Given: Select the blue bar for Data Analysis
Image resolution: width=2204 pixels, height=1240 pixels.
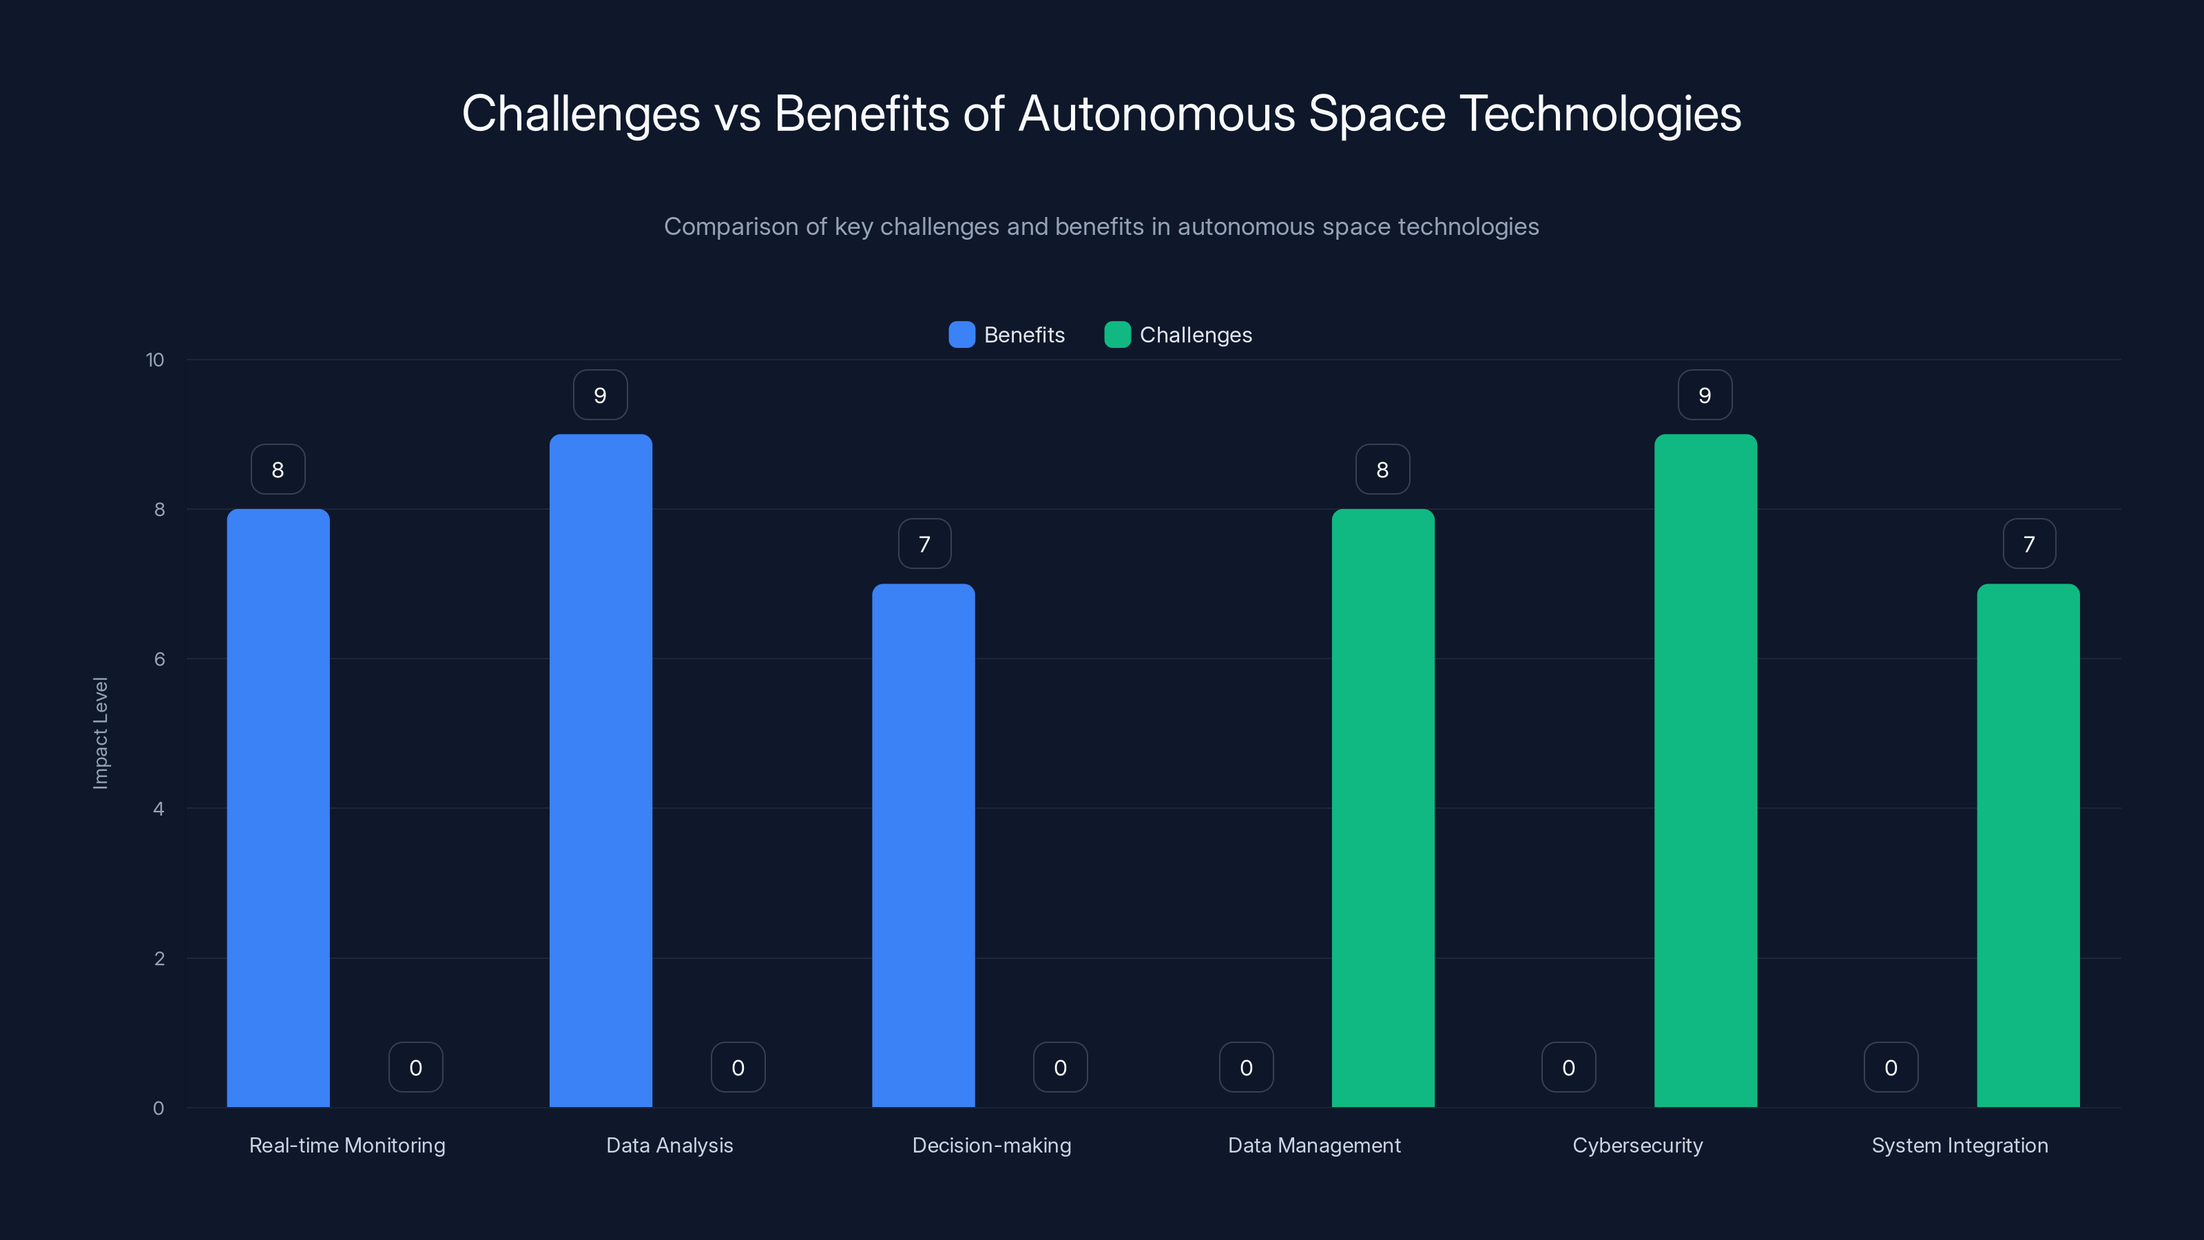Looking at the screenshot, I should coord(601,770).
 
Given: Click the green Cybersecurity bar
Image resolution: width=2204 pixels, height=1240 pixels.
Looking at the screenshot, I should coord(1705,770).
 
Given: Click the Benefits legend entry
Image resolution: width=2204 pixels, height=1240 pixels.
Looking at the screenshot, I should coord(1007,335).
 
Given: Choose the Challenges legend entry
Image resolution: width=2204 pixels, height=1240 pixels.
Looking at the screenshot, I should coord(1178,335).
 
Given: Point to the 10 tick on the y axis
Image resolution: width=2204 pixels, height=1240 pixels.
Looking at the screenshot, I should coord(155,360).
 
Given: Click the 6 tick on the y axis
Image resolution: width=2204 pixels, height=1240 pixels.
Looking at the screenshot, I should coord(159,659).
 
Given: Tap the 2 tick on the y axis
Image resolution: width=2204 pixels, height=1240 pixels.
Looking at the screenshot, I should coord(159,958).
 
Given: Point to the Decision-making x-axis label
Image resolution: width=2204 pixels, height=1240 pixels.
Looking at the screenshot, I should coord(992,1145).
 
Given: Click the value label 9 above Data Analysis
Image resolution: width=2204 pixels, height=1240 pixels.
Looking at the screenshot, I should coord(600,395).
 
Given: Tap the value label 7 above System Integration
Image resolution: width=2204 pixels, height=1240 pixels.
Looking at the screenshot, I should coord(2028,544).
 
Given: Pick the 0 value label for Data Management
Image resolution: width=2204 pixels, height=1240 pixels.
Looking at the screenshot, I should coord(1246,1067).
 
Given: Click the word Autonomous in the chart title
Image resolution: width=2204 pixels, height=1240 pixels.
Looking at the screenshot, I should coord(1157,114).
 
